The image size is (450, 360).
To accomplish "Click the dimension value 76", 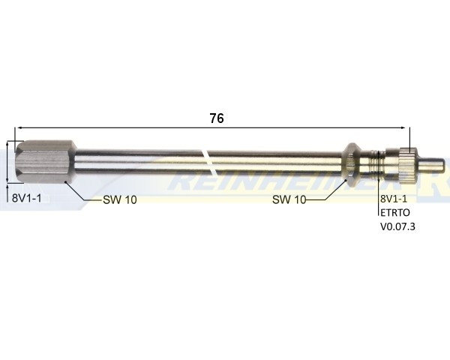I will (x=217, y=118).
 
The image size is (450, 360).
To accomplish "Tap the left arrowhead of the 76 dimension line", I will (x=19, y=128).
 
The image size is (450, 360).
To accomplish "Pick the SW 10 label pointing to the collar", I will (x=290, y=199).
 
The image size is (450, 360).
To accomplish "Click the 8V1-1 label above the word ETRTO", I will (x=394, y=199).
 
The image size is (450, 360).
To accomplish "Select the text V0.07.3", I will (x=397, y=226).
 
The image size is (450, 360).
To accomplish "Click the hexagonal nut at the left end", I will (x=44, y=161).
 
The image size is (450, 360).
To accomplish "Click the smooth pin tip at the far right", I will (x=433, y=162).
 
